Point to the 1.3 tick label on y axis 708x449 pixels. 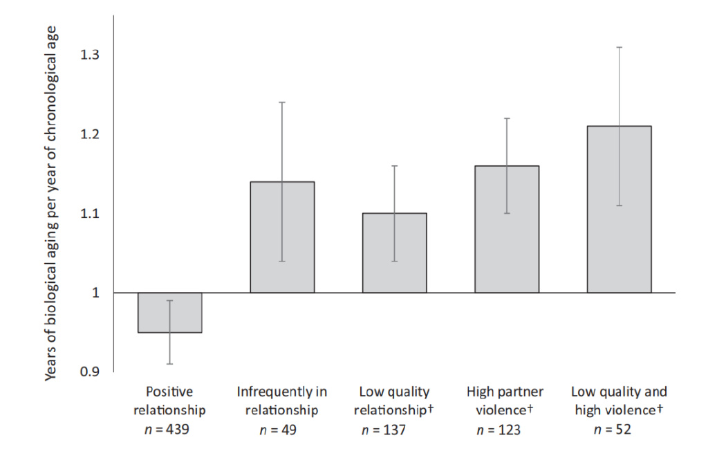coord(91,55)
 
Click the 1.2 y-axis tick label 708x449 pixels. coord(91,134)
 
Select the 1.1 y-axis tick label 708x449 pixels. coord(91,213)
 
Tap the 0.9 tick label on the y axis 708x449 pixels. coord(91,372)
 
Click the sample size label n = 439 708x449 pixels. coord(169,430)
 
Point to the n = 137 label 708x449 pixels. coord(384,430)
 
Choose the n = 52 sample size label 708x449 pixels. coord(613,430)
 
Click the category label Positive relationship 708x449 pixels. coord(169,401)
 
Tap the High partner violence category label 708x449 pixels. coord(505,401)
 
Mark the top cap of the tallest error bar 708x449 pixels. coord(619,47)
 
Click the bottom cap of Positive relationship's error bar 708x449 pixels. coord(169,364)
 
